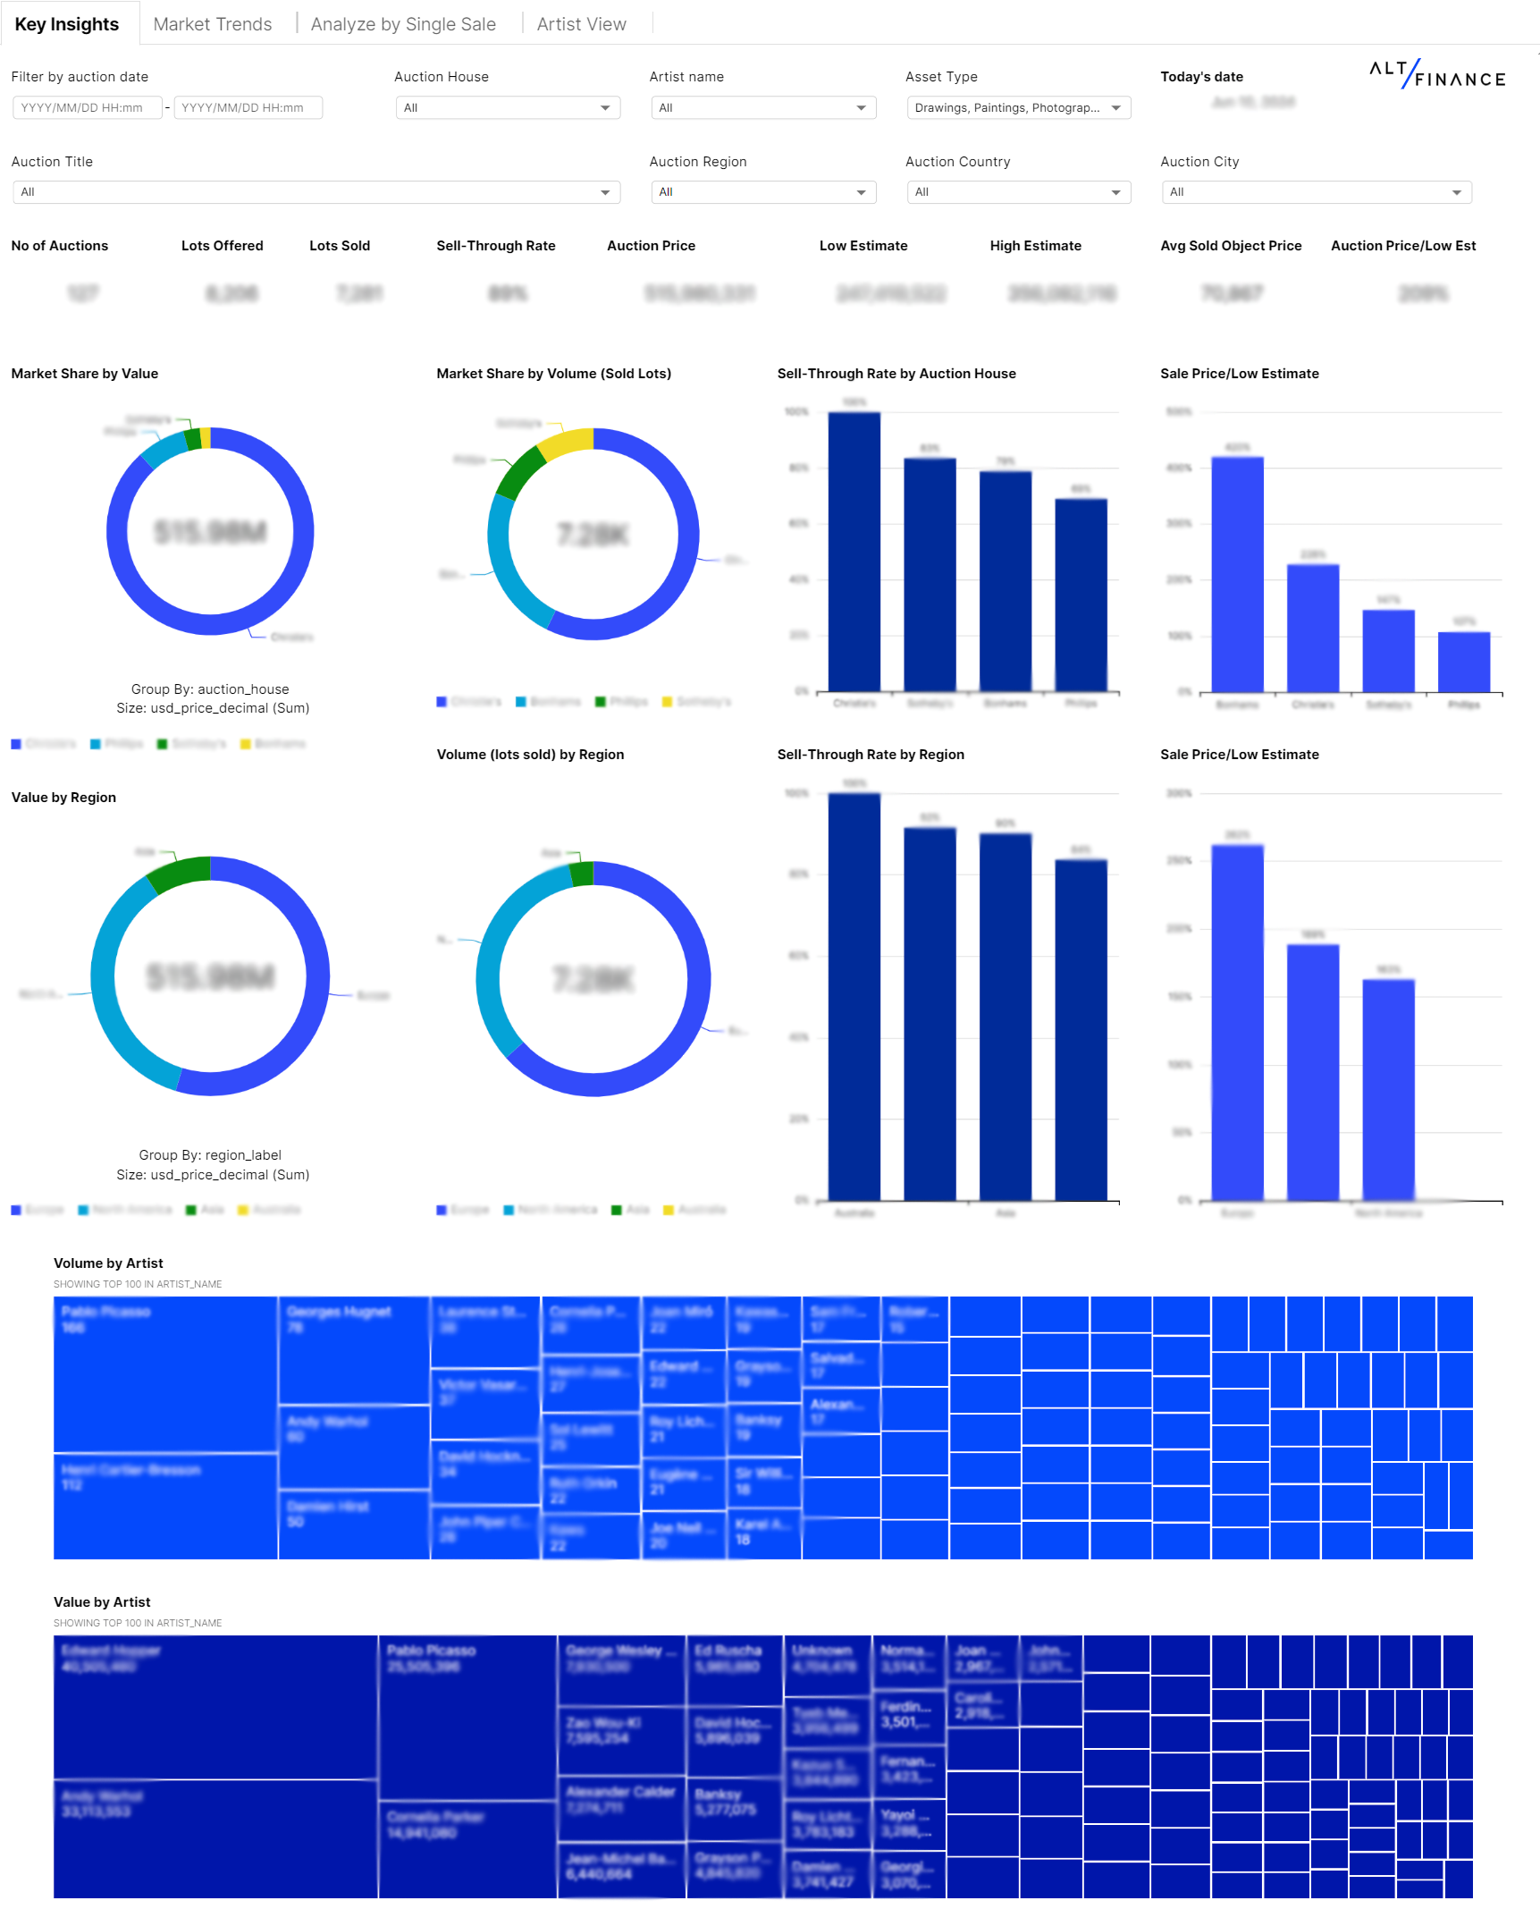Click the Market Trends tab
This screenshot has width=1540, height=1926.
212,24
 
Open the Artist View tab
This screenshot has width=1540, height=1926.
581,24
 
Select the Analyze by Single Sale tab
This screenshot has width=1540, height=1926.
403,24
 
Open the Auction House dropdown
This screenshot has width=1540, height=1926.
507,107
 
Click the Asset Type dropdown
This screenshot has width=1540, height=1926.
1017,107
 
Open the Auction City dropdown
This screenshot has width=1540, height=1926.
1316,192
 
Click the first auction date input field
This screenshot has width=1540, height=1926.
87,107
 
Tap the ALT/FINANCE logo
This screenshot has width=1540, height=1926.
1436,74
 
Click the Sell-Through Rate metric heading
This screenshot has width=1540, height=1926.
495,246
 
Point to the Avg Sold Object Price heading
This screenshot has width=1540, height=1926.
1230,246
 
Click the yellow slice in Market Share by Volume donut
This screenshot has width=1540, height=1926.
568,443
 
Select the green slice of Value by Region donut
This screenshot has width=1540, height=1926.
179,873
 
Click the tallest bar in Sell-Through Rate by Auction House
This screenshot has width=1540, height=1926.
854,550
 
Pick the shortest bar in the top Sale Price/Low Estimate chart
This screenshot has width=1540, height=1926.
1463,662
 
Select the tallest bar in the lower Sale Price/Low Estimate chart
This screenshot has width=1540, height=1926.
1237,1019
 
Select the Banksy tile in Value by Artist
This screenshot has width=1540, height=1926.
734,1811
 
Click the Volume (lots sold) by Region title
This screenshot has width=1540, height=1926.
530,755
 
